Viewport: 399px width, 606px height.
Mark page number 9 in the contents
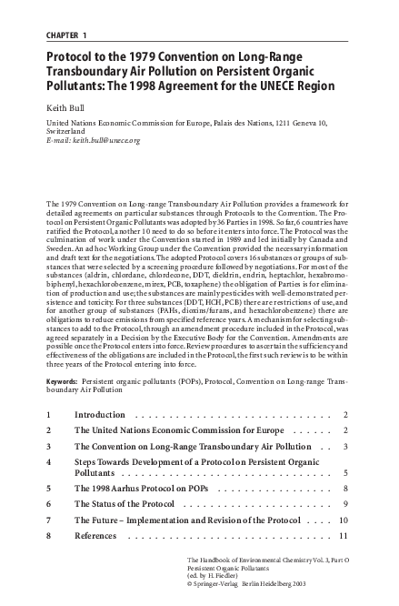coord(346,503)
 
